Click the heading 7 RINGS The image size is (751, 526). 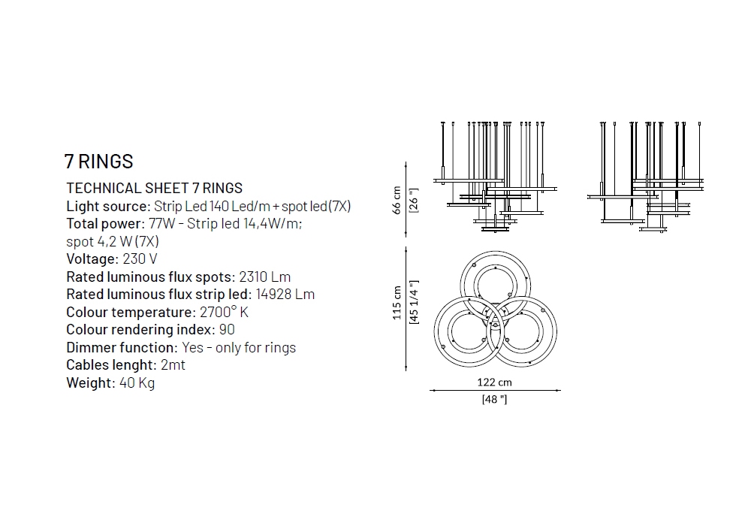(98, 162)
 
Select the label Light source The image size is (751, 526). (108, 207)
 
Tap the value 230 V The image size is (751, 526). (140, 259)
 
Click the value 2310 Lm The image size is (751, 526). (265, 277)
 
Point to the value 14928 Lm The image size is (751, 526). (285, 294)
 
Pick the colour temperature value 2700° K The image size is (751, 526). (224, 312)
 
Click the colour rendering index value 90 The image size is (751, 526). (227, 330)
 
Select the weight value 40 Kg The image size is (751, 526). (137, 383)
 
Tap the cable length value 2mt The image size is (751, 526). (173, 365)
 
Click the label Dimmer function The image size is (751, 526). (122, 347)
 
